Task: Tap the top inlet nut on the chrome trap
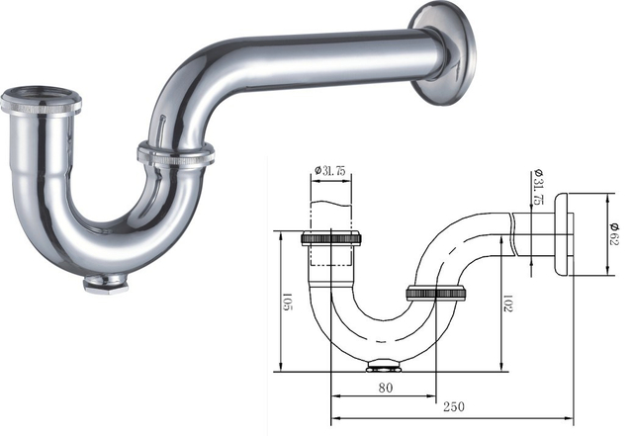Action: point(43,101)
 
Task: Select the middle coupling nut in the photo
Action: point(175,156)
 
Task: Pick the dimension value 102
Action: point(505,301)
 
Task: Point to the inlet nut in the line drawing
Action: point(334,238)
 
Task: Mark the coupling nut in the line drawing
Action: point(435,293)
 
